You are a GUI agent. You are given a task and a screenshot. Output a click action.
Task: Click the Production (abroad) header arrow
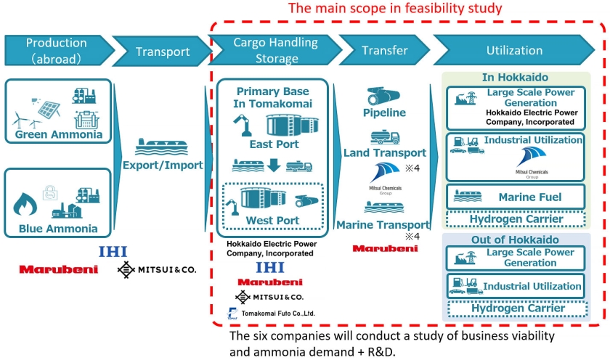tap(56, 50)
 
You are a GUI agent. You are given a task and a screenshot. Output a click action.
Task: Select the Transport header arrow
tap(160, 52)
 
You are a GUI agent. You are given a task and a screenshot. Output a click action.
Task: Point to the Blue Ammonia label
tap(57, 229)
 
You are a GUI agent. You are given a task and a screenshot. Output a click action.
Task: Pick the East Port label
tap(274, 144)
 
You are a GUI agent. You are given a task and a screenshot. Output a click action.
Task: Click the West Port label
tap(273, 221)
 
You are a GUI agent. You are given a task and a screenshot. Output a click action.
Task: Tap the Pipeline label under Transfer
tap(383, 112)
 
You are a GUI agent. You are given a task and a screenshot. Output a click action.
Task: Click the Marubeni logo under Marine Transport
tap(385, 248)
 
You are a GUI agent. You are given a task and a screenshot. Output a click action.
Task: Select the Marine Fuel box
tap(516, 196)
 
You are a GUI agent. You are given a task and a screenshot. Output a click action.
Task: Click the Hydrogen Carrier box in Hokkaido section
tap(516, 218)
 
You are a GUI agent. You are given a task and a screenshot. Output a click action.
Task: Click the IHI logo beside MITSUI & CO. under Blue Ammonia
tap(113, 252)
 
